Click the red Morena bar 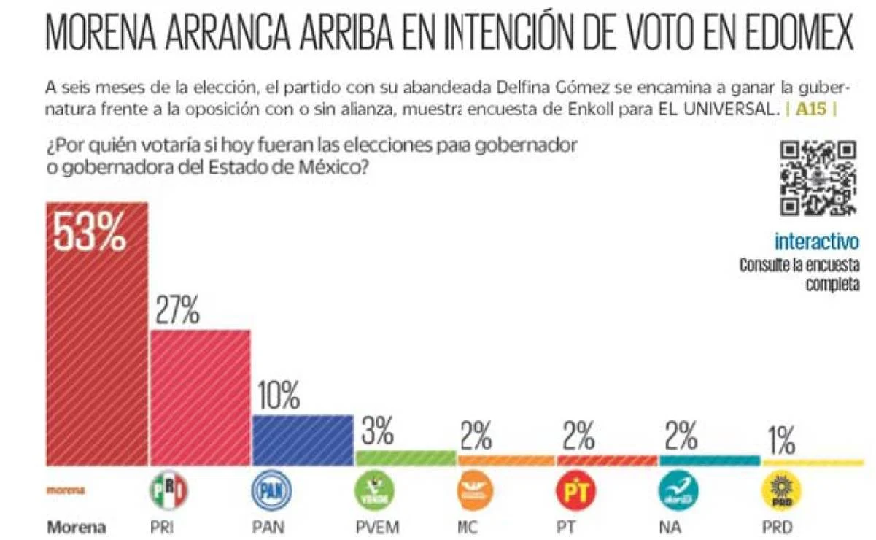[x=97, y=350]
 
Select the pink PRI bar [x=201, y=398]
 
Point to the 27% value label [x=177, y=312]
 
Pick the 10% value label [x=278, y=397]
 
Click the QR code [x=818, y=180]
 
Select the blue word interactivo [x=817, y=241]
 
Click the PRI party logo [x=168, y=490]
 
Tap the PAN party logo [x=271, y=490]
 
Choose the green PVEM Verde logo [x=375, y=490]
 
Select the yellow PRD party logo [x=780, y=490]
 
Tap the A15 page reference [x=810, y=112]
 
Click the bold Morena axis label [x=76, y=527]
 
